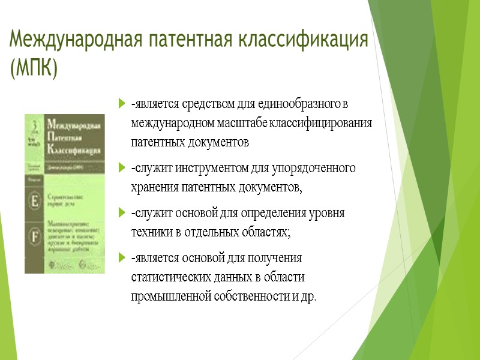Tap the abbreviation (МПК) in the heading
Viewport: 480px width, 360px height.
(x=34, y=69)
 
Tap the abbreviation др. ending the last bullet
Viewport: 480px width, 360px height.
(x=307, y=296)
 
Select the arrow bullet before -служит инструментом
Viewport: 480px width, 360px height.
(x=122, y=167)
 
